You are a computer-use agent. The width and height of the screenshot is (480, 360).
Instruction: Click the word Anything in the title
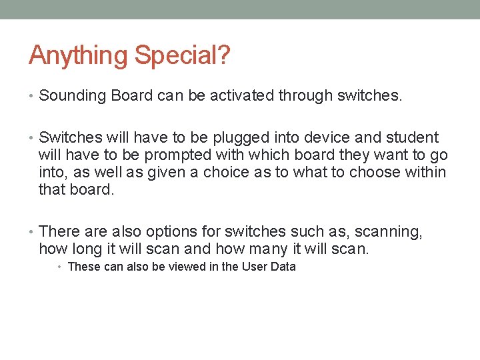79,55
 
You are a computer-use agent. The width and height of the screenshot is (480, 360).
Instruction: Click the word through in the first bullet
306,96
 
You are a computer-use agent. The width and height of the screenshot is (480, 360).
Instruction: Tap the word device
324,138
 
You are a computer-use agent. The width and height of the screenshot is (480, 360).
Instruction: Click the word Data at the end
283,267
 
